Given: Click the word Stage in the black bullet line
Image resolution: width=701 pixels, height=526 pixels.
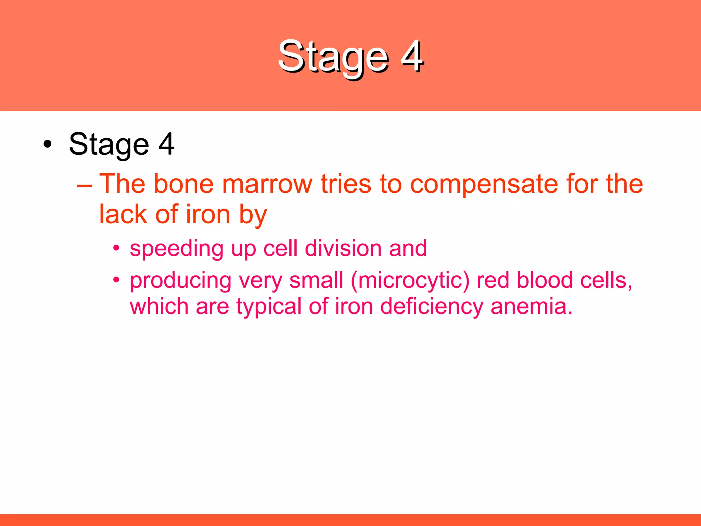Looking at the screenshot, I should click(109, 145).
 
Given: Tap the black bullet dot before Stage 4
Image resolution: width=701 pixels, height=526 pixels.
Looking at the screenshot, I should click(48, 144).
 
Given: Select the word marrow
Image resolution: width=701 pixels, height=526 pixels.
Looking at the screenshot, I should click(267, 184).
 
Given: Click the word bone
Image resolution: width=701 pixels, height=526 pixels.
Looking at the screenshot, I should click(184, 184).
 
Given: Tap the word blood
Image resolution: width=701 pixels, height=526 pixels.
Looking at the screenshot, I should click(545, 280).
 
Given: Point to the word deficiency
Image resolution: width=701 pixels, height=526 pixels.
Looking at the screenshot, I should click(432, 306).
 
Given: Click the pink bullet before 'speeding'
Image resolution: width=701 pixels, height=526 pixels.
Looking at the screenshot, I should click(116, 248).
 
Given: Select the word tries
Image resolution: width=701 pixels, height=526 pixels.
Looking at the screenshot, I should click(346, 184).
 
